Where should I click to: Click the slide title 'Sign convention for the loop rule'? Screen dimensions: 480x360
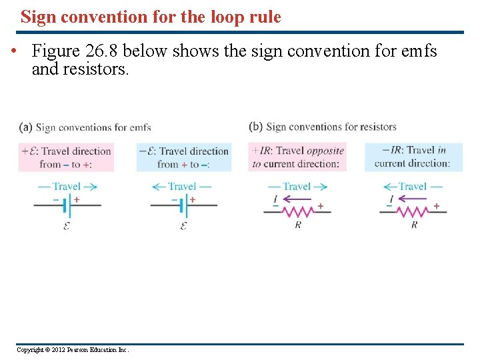pyautogui.click(x=151, y=17)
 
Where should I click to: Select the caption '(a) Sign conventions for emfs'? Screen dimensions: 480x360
pyautogui.click(x=85, y=127)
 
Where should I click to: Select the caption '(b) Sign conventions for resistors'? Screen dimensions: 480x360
pyautogui.click(x=323, y=127)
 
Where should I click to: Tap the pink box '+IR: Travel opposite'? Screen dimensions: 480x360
pyautogui.click(x=297, y=157)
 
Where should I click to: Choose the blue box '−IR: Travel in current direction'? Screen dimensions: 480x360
pyautogui.click(x=413, y=157)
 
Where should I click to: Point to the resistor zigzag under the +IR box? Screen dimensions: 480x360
pyautogui.click(x=297, y=211)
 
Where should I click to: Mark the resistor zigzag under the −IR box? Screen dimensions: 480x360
pyautogui.click(x=413, y=211)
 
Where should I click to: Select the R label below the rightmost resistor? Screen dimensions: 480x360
pyautogui.click(x=414, y=225)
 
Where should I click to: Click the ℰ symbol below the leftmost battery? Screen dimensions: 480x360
pyautogui.click(x=66, y=226)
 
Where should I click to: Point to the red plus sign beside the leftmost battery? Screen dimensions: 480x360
pyautogui.click(x=77, y=199)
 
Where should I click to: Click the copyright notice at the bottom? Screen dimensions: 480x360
pyautogui.click(x=73, y=350)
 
